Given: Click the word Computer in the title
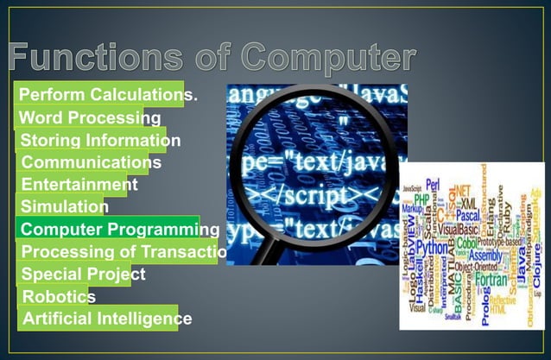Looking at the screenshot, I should [x=323, y=57].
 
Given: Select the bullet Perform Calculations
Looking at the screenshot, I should [x=108, y=94].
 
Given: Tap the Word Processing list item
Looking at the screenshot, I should [x=89, y=117].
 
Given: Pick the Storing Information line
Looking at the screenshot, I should [x=100, y=140].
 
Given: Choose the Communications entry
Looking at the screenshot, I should [x=91, y=161].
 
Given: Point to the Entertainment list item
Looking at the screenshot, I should [x=79, y=184].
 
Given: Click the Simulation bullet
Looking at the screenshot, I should [x=64, y=206].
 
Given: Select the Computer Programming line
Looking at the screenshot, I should [x=119, y=229].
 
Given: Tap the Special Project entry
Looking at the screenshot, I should [x=83, y=275].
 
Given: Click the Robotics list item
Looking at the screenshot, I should [x=59, y=297].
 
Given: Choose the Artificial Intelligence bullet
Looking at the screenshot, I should [x=106, y=319].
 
